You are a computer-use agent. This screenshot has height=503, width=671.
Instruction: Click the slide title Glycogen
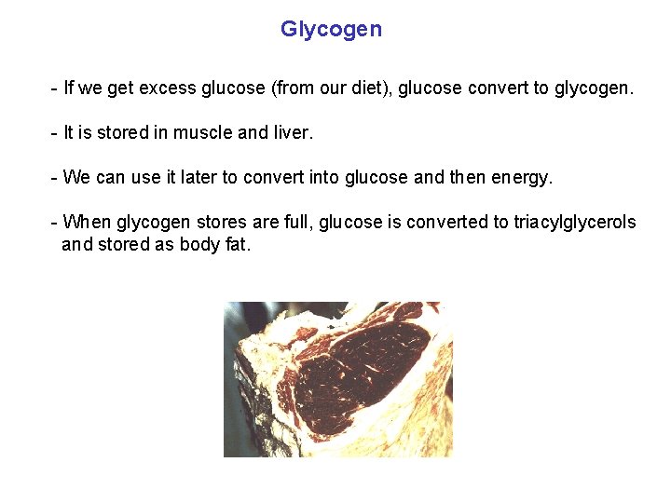[331, 29]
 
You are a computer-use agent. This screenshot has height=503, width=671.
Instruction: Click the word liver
[294, 133]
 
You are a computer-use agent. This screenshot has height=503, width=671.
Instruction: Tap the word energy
[524, 178]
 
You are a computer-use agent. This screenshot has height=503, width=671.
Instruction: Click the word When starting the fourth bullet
[87, 223]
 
